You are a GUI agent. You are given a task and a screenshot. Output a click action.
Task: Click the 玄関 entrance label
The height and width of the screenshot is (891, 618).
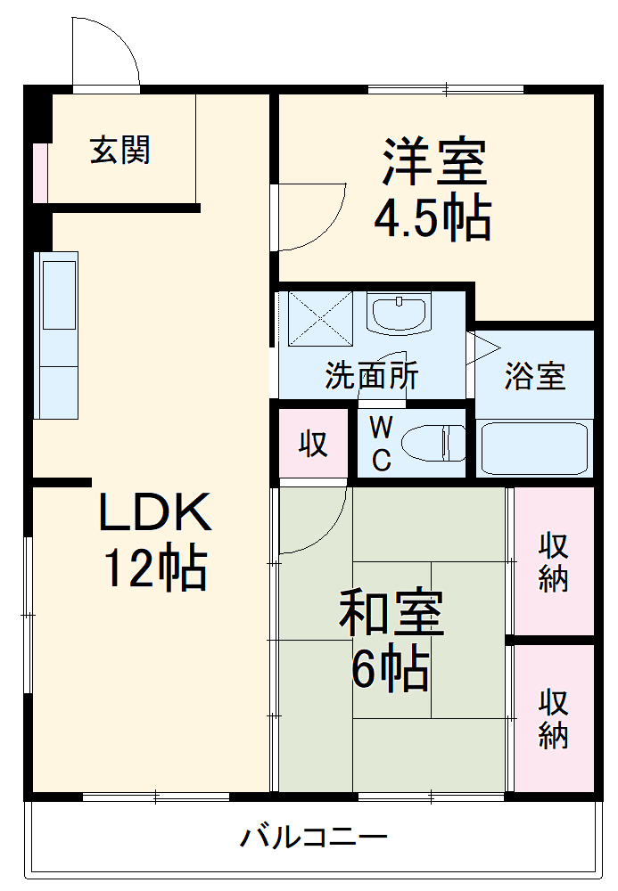pos(119,150)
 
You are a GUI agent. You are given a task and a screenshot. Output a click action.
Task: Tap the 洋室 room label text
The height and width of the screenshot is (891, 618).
pos(434,160)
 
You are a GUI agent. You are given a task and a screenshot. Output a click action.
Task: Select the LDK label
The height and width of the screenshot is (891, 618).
pos(154,513)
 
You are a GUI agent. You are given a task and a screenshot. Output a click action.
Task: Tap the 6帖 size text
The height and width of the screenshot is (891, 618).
pos(391,670)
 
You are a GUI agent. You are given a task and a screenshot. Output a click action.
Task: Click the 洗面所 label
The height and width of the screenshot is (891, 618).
pos(371,376)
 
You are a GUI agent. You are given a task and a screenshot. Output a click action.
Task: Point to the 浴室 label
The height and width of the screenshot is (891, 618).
pos(534,376)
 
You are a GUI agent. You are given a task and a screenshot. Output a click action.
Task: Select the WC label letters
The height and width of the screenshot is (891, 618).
pos(381,445)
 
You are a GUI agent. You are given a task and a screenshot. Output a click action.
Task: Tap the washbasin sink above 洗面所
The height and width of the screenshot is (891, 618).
pos(399,314)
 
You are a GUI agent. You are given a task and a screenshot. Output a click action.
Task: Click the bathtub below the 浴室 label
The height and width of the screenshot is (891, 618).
pos(533,447)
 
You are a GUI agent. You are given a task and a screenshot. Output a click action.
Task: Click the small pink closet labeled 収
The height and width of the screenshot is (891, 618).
pos(312,443)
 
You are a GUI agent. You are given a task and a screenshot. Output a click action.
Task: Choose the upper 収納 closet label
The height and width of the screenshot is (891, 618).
pos(553,562)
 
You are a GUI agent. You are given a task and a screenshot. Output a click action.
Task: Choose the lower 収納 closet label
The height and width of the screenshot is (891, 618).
pos(553,719)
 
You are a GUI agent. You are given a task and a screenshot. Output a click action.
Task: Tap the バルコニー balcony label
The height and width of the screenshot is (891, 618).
pos(314,838)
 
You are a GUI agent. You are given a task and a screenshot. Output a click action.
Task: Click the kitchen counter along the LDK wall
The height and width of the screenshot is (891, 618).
pos(57,335)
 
